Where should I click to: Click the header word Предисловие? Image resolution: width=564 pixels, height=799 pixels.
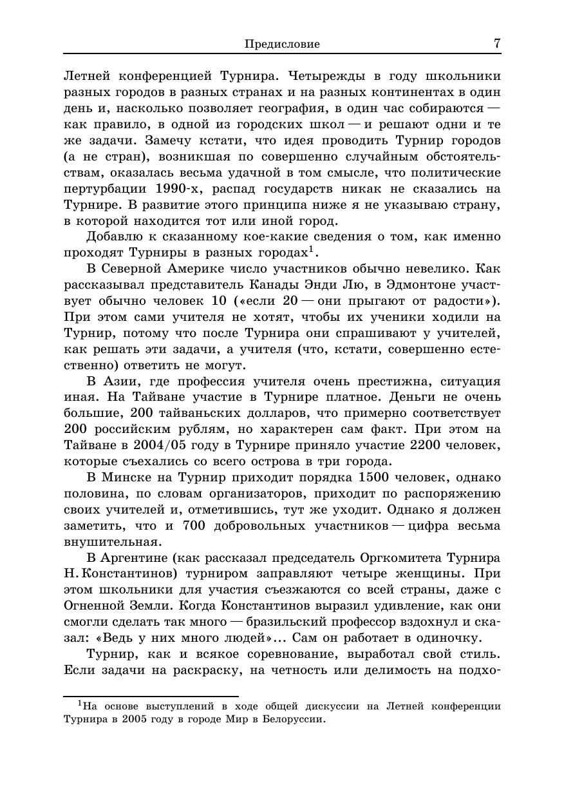tap(282, 44)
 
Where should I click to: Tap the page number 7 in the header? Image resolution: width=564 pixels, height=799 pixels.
tap(496, 43)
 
